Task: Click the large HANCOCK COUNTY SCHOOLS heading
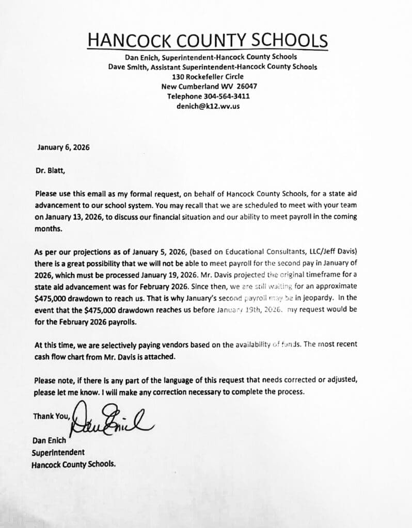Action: [207, 40]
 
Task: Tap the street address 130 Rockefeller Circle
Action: [208, 76]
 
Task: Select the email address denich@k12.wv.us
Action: [208, 106]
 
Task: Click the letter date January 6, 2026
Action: [64, 147]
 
